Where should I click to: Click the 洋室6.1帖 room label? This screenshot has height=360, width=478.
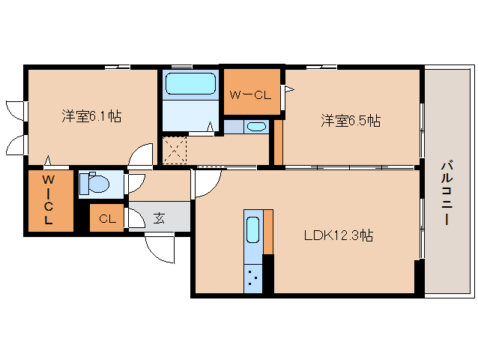91,116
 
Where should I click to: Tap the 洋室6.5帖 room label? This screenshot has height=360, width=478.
350,120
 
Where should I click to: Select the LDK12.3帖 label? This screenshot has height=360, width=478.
339,235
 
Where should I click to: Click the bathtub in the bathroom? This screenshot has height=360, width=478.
190,84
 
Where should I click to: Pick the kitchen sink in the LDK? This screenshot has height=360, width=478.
252,228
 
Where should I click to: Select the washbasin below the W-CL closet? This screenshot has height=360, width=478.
255,126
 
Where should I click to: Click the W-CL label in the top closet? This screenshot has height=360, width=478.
250,94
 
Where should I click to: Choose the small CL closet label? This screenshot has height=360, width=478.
107,219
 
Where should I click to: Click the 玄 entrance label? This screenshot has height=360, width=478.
160,219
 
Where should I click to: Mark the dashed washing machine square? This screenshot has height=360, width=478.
176,148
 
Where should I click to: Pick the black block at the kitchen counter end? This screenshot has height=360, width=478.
268,273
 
